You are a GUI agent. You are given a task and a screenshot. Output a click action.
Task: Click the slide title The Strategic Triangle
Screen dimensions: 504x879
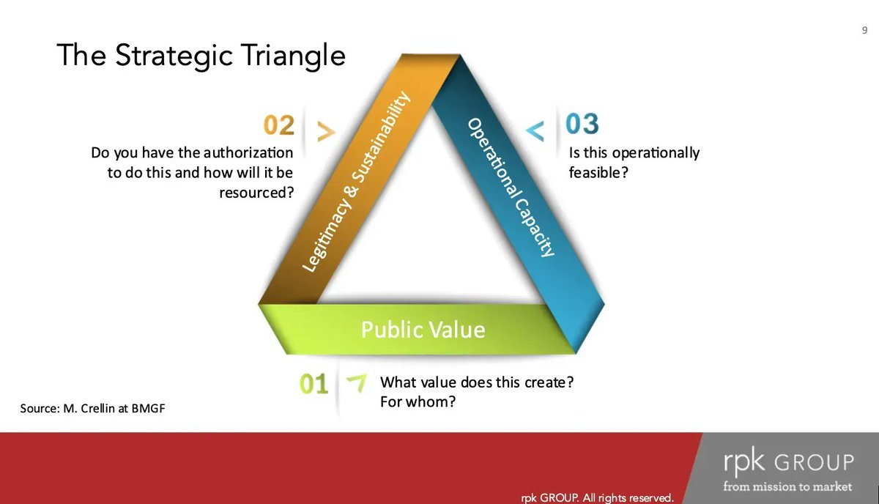201,55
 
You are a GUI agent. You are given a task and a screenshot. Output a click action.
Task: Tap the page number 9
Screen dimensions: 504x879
864,30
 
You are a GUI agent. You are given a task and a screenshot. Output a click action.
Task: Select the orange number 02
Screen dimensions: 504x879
279,125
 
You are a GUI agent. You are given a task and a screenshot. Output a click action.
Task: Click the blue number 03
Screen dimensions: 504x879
582,124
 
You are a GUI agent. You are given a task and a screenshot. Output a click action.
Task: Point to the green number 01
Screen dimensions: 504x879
314,384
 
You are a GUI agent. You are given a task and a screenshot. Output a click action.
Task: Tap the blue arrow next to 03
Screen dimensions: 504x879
536,132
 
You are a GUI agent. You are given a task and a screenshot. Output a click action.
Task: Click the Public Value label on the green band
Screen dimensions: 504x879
423,330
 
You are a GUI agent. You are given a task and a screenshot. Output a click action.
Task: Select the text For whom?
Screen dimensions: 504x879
412,402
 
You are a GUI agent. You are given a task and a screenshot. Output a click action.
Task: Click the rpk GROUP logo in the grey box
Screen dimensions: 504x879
787,463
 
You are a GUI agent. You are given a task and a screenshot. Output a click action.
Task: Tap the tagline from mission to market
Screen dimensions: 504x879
787,486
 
